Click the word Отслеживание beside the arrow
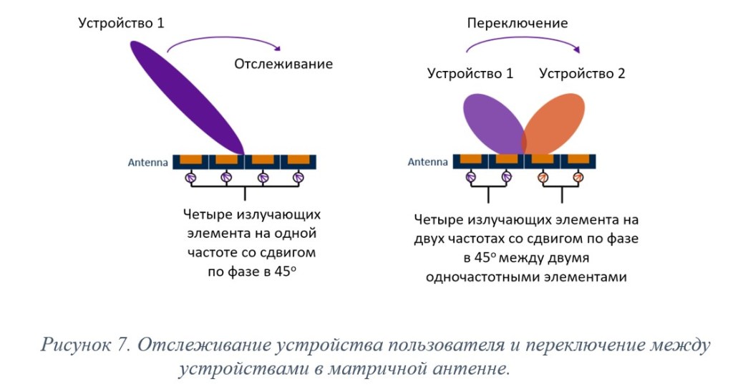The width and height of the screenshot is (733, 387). (283, 64)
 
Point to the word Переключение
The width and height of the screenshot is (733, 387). (518, 23)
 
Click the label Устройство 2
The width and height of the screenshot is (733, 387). (582, 73)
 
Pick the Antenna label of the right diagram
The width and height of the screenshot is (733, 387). (428, 163)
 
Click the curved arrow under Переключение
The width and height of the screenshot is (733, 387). (522, 42)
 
